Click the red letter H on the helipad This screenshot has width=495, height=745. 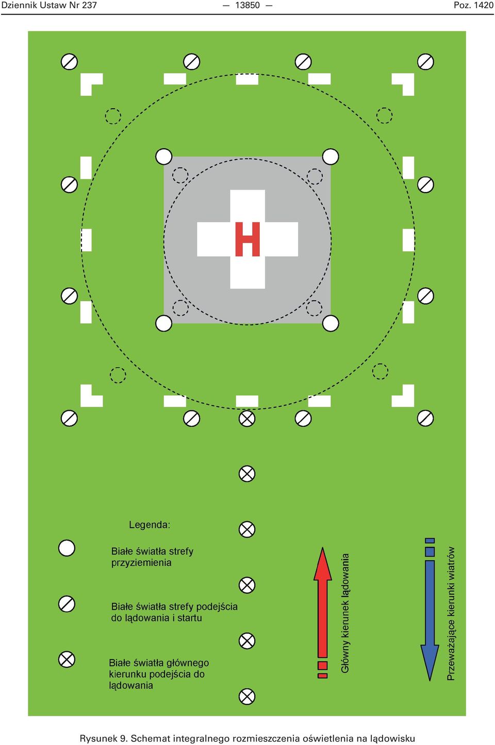click(x=247, y=239)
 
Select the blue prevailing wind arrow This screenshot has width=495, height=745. click(x=430, y=609)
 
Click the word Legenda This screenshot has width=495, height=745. click(x=149, y=525)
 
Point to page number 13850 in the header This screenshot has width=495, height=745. click(x=247, y=5)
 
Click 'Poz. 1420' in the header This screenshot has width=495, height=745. click(x=473, y=5)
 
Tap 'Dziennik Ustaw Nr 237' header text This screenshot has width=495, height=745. click(x=49, y=5)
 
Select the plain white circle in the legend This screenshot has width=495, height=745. click(x=67, y=548)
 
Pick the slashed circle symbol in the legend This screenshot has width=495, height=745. click(x=67, y=604)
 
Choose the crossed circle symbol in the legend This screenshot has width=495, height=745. click(x=67, y=660)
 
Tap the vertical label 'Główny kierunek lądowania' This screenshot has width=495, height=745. click(x=345, y=613)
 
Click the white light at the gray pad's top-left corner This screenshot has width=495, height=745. click(x=164, y=157)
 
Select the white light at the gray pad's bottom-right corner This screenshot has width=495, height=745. click(x=331, y=323)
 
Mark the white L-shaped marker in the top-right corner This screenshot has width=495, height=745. click(x=408, y=80)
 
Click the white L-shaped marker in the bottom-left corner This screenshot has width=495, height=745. click(x=87, y=401)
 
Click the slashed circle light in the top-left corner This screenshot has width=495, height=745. click(x=69, y=62)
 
